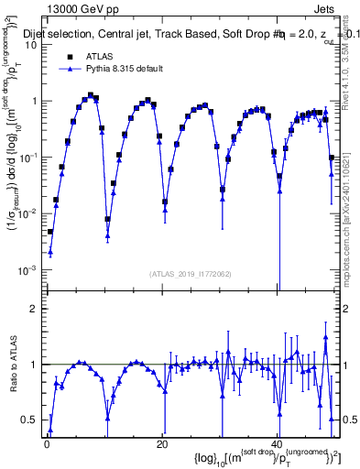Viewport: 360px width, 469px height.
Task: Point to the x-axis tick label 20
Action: tap(162, 443)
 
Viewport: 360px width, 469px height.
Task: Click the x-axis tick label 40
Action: tap(277, 443)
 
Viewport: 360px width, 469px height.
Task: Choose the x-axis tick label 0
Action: tap(47, 443)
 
